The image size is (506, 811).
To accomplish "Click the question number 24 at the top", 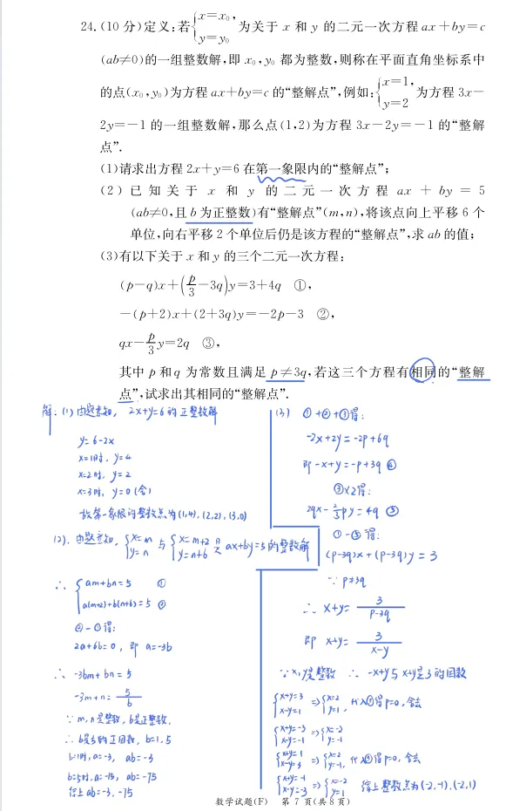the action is (x=85, y=28).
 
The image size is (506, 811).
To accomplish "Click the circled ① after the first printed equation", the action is (x=300, y=284).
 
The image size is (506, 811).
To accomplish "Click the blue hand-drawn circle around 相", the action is (x=422, y=372).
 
